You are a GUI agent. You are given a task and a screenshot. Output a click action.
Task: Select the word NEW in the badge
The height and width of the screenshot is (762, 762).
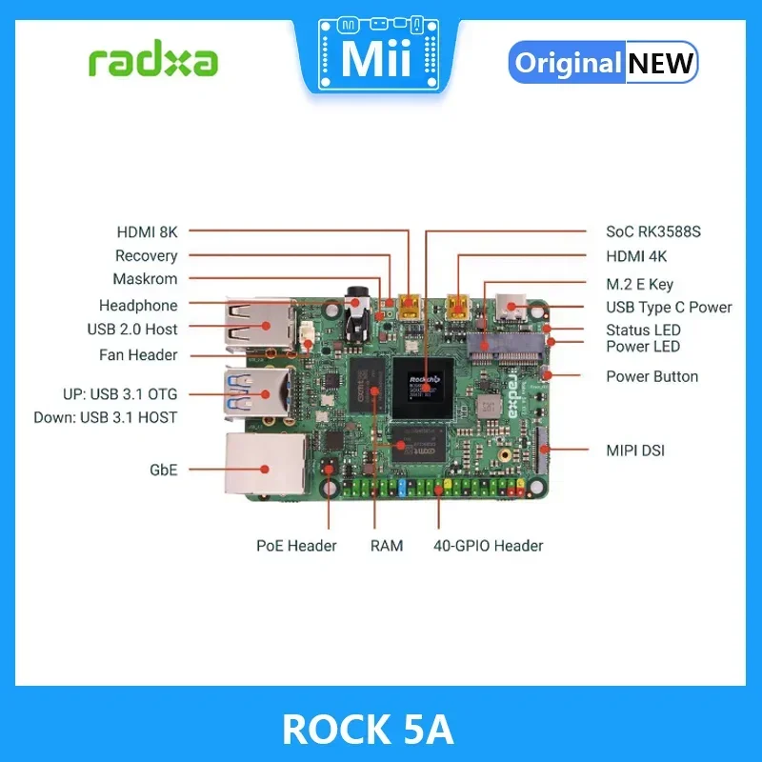[x=660, y=63]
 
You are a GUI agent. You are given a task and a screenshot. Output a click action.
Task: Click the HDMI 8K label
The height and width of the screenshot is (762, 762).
[x=147, y=231]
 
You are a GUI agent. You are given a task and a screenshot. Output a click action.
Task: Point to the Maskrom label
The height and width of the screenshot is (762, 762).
[x=145, y=279]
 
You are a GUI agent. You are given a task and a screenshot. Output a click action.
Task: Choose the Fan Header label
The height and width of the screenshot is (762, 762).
[x=138, y=355]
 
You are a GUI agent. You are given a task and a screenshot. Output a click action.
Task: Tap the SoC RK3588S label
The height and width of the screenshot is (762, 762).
[x=653, y=231]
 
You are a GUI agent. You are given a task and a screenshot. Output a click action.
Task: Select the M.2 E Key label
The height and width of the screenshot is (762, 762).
[x=639, y=284]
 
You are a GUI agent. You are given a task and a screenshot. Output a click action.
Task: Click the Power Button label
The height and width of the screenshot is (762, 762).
[x=652, y=376]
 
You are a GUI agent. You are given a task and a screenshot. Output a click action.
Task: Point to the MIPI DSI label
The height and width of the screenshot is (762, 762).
[x=635, y=450]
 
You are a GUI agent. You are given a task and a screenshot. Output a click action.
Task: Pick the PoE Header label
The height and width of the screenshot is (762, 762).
[x=296, y=546]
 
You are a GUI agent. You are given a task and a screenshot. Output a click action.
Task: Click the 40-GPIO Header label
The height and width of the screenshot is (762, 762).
[x=488, y=546]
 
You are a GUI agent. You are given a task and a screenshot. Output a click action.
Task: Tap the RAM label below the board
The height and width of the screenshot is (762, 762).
[x=387, y=546]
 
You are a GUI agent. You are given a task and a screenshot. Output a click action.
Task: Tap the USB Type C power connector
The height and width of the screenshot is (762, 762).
[x=512, y=308]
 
